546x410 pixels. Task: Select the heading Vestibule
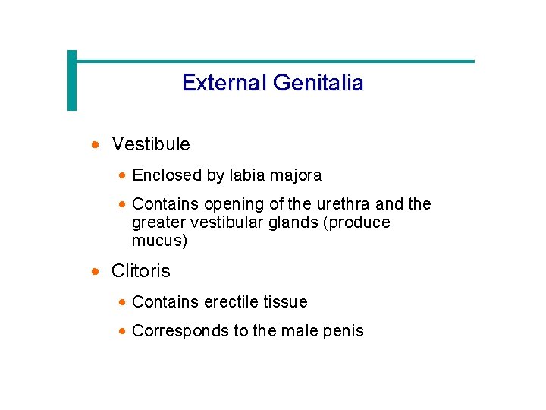(x=151, y=143)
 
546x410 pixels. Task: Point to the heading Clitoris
(x=141, y=271)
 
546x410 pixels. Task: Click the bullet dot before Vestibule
(x=95, y=143)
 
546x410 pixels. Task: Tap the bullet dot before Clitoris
(x=95, y=271)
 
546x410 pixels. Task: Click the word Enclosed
(x=167, y=175)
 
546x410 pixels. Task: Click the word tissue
(x=286, y=302)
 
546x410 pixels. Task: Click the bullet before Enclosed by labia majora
(x=123, y=175)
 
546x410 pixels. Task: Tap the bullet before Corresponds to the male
(x=123, y=331)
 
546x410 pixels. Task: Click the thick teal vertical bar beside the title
(x=72, y=80)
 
